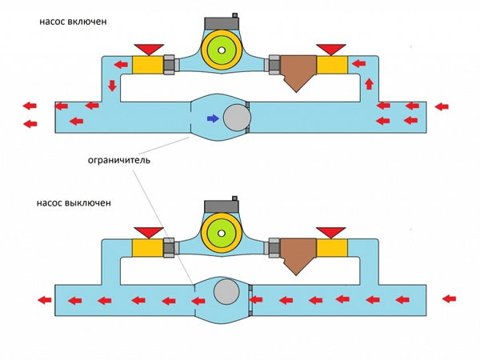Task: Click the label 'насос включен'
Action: pyautogui.click(x=73, y=22)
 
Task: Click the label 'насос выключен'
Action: pyautogui.click(x=74, y=203)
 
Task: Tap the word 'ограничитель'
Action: pyautogui.click(x=118, y=160)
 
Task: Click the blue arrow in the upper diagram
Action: pyautogui.click(x=213, y=118)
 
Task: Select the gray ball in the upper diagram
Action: pyautogui.click(x=237, y=118)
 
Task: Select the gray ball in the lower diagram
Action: pyautogui.click(x=226, y=291)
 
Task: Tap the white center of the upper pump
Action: pyautogui.click(x=222, y=50)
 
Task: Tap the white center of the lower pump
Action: pyautogui.click(x=222, y=234)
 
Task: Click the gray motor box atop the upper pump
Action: pyautogui.click(x=222, y=23)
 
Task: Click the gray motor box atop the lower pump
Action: pyautogui.click(x=222, y=206)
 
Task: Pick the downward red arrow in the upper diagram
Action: pyautogui.click(x=112, y=86)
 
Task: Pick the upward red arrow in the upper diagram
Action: pyautogui.click(x=370, y=84)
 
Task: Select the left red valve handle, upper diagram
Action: pyautogui.click(x=149, y=50)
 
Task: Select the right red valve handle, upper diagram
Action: pyautogui.click(x=331, y=50)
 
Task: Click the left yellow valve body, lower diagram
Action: pyautogui.click(x=147, y=248)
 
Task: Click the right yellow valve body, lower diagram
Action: pyautogui.click(x=332, y=248)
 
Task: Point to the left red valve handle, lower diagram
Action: pyautogui.click(x=149, y=233)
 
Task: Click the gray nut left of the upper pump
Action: pyautogui.click(x=170, y=65)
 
